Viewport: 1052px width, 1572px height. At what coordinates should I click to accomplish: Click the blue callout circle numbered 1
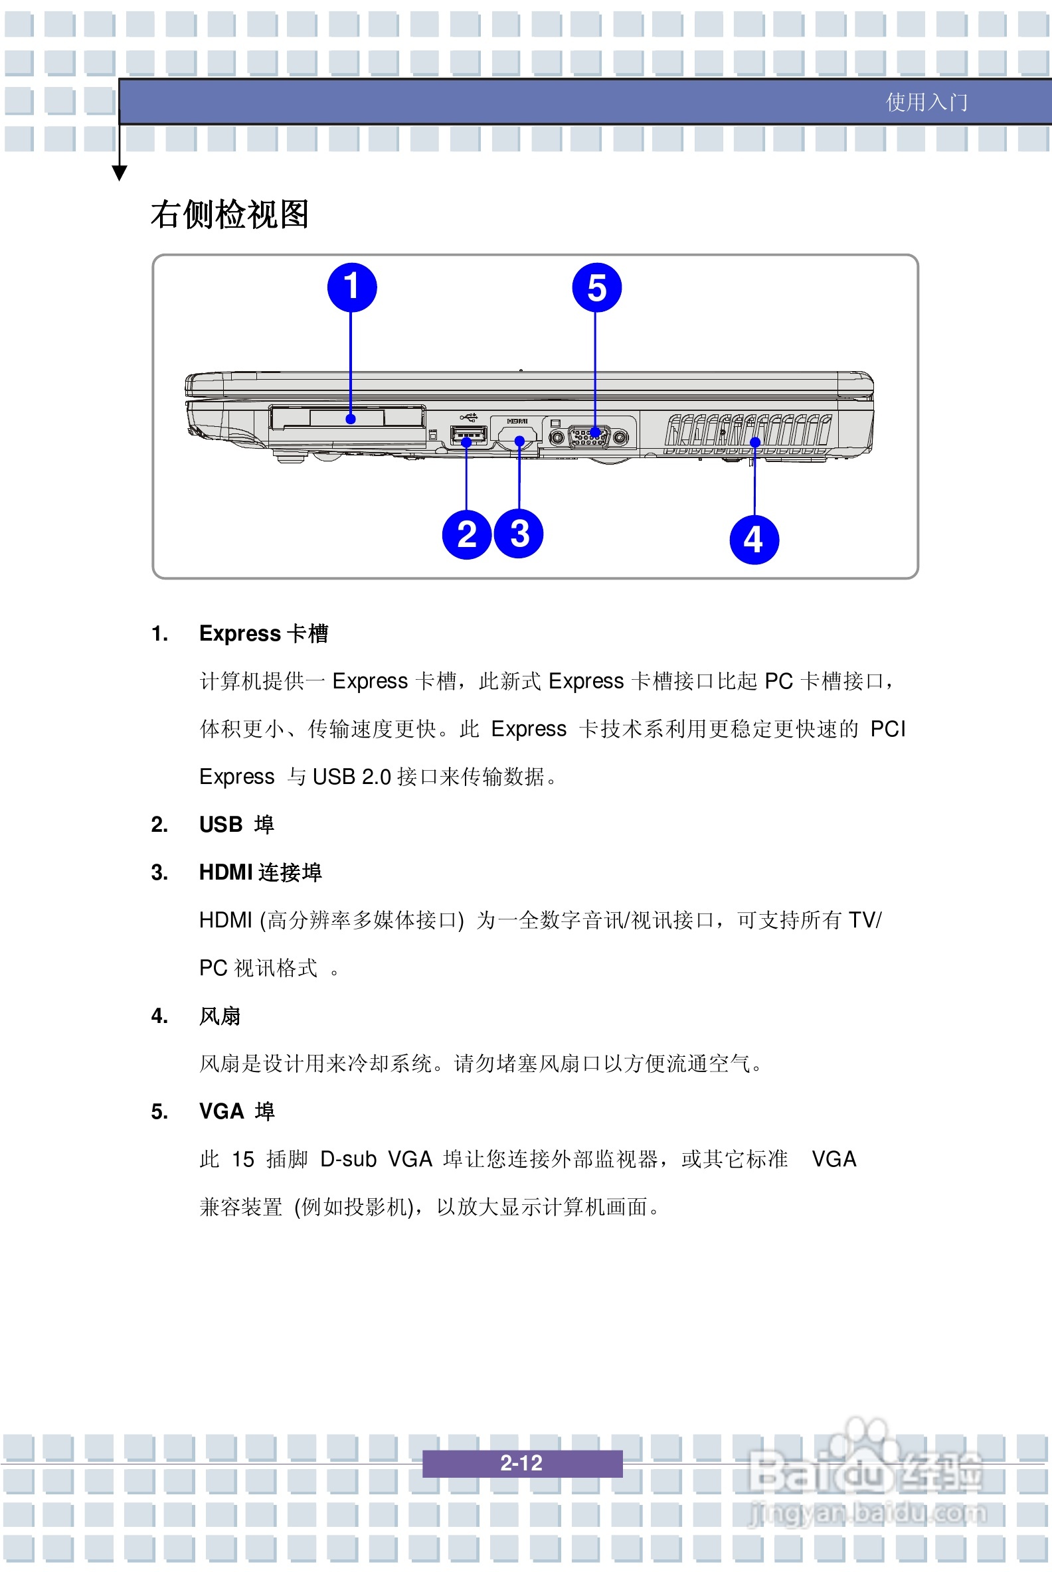(x=351, y=287)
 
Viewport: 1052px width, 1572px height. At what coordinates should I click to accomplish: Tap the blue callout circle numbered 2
(x=466, y=534)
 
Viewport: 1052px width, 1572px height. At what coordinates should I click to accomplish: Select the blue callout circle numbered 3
(x=519, y=534)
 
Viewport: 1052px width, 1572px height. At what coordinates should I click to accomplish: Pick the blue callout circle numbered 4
(x=753, y=540)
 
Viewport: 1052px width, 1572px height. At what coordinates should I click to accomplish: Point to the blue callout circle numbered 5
(x=596, y=287)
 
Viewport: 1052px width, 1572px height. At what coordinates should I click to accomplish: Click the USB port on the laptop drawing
(x=468, y=436)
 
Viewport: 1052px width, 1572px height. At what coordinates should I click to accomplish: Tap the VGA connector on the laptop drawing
(x=589, y=437)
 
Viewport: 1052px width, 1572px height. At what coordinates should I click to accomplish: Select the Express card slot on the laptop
(x=347, y=417)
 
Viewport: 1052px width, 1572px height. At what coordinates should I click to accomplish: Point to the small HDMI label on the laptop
(x=517, y=421)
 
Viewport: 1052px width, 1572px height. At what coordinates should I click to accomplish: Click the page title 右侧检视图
(x=229, y=214)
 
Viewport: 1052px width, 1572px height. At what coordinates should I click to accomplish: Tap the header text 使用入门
(x=926, y=102)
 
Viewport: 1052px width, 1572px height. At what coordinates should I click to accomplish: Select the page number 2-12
(x=521, y=1462)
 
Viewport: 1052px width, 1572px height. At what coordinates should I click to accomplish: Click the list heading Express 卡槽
(x=263, y=634)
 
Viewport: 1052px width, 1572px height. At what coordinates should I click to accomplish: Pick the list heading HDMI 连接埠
(x=260, y=872)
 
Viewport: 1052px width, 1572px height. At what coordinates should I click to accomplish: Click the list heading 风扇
(x=219, y=1016)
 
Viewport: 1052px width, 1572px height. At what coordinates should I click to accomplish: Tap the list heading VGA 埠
(x=236, y=1112)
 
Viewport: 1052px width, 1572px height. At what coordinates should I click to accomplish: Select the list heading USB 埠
(x=236, y=825)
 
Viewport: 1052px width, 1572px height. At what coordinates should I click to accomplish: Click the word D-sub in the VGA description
(x=348, y=1160)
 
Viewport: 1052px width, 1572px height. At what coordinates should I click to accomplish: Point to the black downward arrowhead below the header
(x=120, y=174)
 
